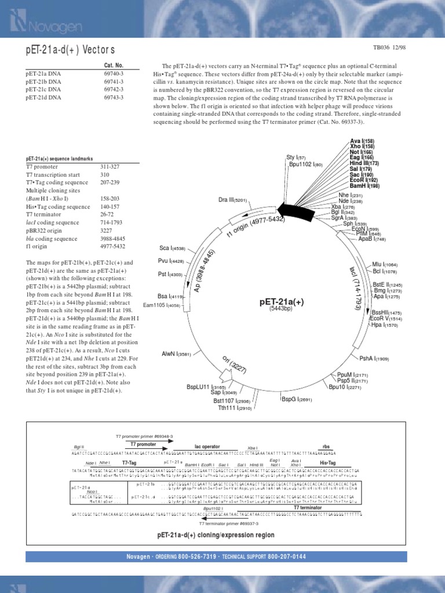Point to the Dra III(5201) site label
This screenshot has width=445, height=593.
click(233, 200)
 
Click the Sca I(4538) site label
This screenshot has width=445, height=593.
click(172, 248)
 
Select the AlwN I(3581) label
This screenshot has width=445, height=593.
click(176, 353)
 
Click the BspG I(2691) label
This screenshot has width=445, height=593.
click(297, 399)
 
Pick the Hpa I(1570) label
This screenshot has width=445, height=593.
click(385, 325)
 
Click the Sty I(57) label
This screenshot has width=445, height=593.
click(296, 157)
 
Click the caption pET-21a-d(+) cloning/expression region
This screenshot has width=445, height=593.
click(216, 535)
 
